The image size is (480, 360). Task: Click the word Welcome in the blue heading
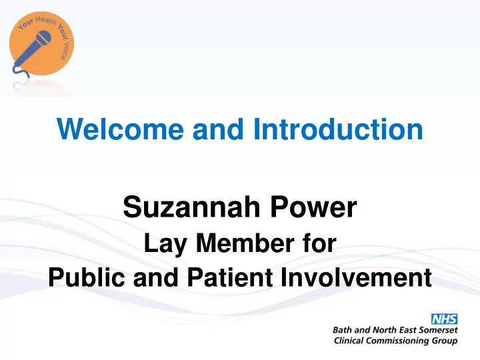pos(120,129)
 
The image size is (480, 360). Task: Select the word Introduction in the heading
pos(338,129)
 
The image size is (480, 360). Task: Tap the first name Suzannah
pos(191,207)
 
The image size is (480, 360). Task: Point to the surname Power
pos(313,207)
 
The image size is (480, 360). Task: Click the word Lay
pos(165,244)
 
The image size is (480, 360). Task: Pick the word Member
pos(245,243)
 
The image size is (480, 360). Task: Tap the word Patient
pos(230,277)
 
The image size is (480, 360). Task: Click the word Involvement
pos(356,277)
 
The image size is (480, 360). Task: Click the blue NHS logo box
pos(445,319)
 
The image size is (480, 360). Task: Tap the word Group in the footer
pos(445,341)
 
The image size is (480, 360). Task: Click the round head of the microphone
pos(44,38)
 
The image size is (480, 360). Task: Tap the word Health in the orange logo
pos(45,21)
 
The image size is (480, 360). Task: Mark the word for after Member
pos(320,243)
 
